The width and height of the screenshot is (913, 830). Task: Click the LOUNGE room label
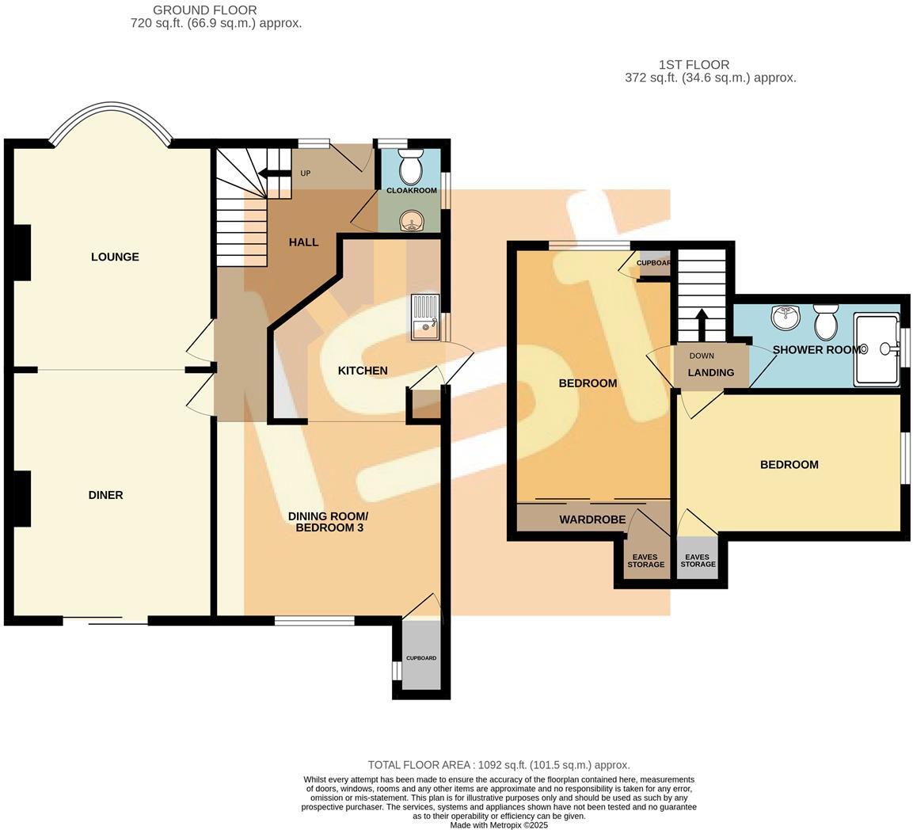coord(115,257)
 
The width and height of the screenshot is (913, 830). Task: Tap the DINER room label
coord(105,495)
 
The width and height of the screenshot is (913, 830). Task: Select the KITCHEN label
coord(363,371)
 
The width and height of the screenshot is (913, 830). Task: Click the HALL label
coord(303,242)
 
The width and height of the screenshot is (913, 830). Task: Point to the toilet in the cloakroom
coord(411,168)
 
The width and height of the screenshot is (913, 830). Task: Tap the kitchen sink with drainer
coord(425,317)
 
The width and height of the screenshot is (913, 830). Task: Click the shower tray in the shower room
coord(876,348)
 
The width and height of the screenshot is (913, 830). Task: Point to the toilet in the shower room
coord(826,321)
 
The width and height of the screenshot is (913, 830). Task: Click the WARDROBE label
coord(592,520)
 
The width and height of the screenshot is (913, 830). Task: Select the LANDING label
coord(710,372)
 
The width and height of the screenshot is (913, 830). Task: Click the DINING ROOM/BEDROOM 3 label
coord(328,521)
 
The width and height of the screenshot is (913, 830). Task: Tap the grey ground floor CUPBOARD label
coord(421,658)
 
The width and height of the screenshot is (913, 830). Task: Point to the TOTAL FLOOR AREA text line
coord(499,765)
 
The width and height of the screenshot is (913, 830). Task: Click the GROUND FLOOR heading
coord(204,10)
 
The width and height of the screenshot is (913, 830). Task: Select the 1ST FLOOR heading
coord(694,65)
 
